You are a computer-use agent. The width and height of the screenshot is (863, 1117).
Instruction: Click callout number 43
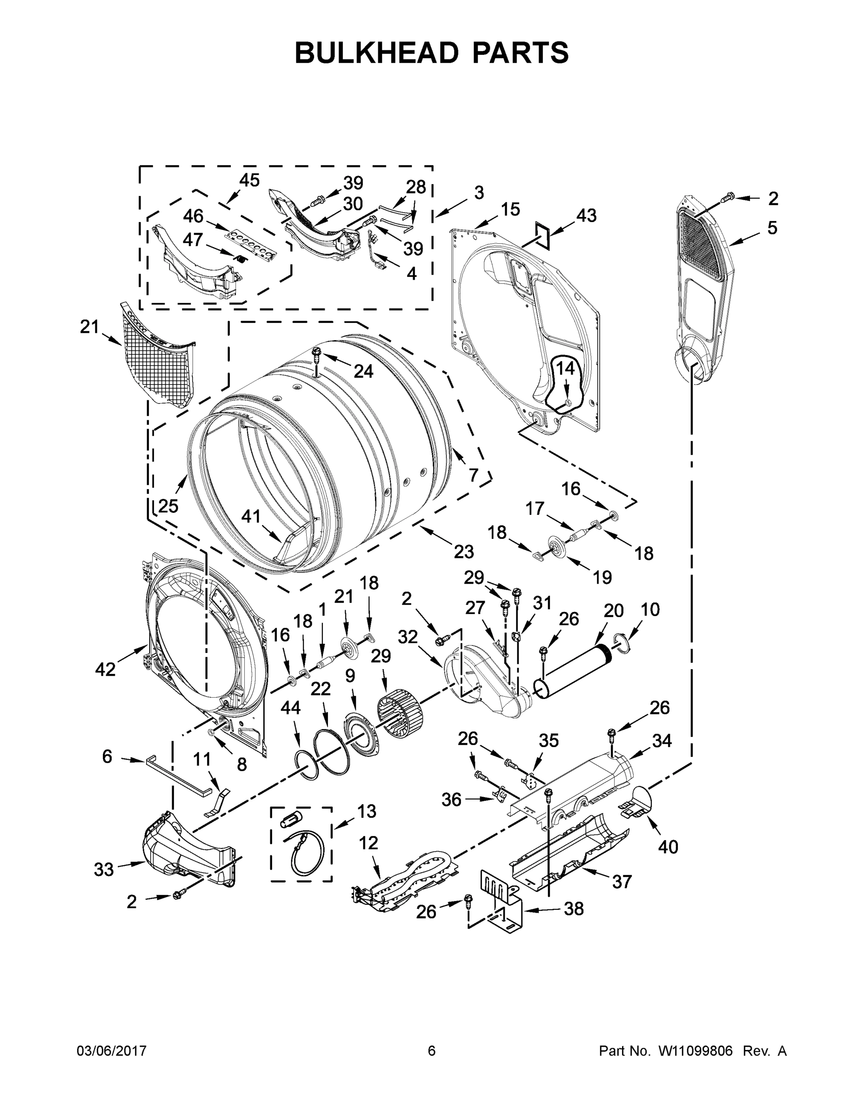coord(586,215)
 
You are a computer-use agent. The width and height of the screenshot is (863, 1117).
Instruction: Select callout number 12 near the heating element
coord(368,843)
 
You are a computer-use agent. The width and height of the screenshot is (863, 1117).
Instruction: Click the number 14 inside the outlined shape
coord(565,368)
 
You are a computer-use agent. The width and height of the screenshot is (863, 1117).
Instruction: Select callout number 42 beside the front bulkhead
coord(105,669)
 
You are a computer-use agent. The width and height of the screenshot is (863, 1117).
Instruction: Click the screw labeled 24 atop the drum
coord(317,352)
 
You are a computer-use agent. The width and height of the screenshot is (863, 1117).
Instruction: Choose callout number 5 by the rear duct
coord(772,228)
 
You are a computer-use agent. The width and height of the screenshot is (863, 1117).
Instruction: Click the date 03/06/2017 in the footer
coord(112,1051)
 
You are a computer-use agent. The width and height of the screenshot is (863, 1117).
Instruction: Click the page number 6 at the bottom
coord(432,1051)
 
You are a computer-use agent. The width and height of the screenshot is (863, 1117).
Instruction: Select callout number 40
coord(668,847)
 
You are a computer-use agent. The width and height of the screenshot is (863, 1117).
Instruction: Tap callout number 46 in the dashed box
coord(193,216)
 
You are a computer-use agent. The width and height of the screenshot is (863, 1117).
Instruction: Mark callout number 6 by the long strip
coord(107,756)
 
